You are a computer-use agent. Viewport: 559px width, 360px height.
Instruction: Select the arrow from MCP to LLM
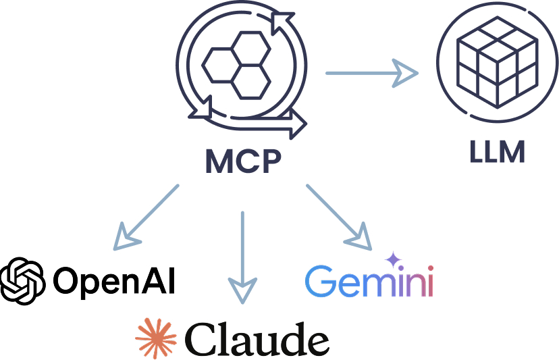coord(371,72)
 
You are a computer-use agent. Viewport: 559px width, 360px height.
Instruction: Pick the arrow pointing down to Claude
coord(242,256)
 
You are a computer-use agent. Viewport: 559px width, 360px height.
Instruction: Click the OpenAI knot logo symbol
coord(23,279)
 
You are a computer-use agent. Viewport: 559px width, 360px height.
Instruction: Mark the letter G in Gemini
coord(319,281)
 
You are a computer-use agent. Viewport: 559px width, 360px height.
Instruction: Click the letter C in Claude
coord(201,337)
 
